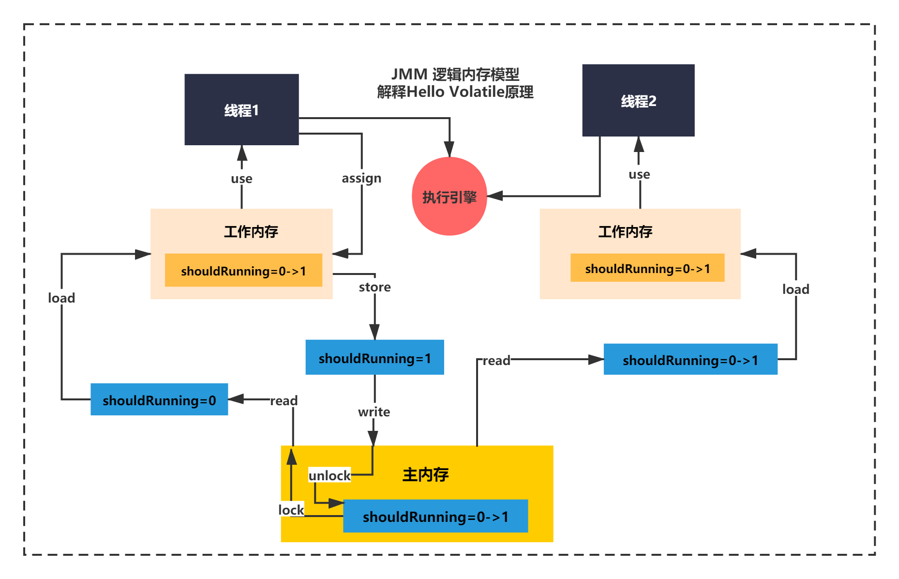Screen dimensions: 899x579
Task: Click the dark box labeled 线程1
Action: [x=241, y=109]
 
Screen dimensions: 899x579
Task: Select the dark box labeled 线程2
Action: [x=638, y=100]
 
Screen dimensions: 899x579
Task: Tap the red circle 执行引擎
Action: [x=449, y=196]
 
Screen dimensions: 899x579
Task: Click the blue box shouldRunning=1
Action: [x=375, y=357]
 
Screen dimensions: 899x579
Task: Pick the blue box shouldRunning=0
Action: [x=159, y=399]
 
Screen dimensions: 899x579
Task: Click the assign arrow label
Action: [x=361, y=178]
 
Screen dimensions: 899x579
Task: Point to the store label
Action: [x=375, y=287]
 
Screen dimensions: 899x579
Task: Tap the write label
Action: [x=374, y=412]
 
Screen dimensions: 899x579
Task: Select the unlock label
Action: [x=330, y=475]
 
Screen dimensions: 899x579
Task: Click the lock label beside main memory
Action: [x=291, y=510]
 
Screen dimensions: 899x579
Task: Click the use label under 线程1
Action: [x=241, y=179]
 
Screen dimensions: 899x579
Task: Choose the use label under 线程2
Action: [x=639, y=174]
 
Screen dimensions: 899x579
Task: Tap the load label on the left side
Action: [x=61, y=298]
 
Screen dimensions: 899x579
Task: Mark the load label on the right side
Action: [x=795, y=289]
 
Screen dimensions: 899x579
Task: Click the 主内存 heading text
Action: [x=425, y=474]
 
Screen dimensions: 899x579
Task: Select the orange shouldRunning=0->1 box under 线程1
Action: [x=243, y=270]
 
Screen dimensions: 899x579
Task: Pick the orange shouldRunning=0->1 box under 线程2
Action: [x=647, y=268]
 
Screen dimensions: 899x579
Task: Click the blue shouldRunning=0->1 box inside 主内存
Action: [x=435, y=516]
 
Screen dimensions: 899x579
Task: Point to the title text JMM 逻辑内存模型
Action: [x=455, y=74]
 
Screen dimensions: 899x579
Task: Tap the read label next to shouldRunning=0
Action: [x=284, y=401]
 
